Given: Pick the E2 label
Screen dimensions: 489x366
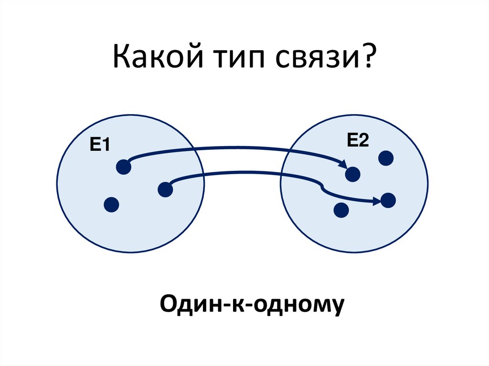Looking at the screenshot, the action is pos(358,141).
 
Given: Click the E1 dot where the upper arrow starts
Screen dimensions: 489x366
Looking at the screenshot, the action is pos(124,167).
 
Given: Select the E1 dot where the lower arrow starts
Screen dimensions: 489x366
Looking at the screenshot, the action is pos(165,189).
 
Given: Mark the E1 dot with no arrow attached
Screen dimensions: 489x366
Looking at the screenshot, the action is pos(111,205).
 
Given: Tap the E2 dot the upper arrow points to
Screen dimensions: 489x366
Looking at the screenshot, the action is pos(353,174).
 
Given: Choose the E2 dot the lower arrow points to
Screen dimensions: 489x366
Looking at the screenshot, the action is pos(388,200).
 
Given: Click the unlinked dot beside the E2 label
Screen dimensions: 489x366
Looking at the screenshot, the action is pos(386,158).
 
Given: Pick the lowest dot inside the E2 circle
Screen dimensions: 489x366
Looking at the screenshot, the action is pos(340,210).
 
